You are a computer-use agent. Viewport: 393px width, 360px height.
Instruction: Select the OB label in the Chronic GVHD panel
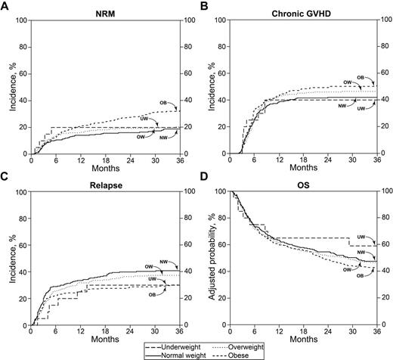pos(360,77)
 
